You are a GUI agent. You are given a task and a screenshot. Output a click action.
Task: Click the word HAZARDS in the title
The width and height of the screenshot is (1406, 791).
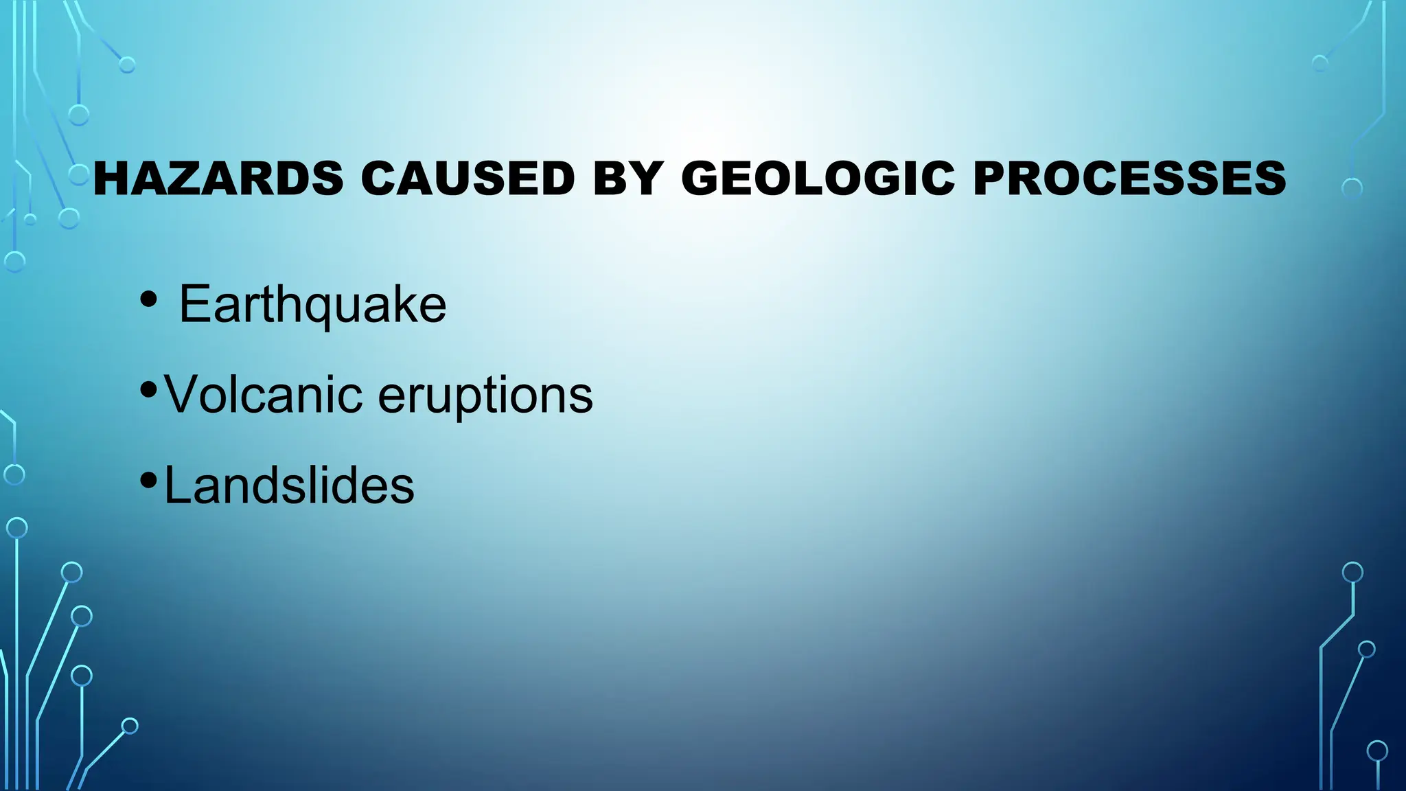pyautogui.click(x=218, y=179)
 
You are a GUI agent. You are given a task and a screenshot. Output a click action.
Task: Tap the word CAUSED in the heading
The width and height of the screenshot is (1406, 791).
pyautogui.click(x=468, y=179)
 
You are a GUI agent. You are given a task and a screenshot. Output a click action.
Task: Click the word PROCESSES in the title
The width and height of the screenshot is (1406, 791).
pyautogui.click(x=1129, y=179)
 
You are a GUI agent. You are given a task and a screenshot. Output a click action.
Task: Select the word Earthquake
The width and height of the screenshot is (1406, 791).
pyautogui.click(x=312, y=304)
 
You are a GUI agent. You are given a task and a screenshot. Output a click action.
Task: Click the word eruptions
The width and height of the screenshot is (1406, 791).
pyautogui.click(x=485, y=396)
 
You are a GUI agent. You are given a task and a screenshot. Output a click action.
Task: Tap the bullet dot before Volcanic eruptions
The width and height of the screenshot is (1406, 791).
pyautogui.click(x=148, y=389)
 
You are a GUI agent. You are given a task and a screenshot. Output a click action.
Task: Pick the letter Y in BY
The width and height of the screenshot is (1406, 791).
pyautogui.click(x=645, y=179)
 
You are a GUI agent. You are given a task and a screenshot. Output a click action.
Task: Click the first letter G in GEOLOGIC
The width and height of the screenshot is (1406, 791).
pyautogui.click(x=702, y=179)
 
